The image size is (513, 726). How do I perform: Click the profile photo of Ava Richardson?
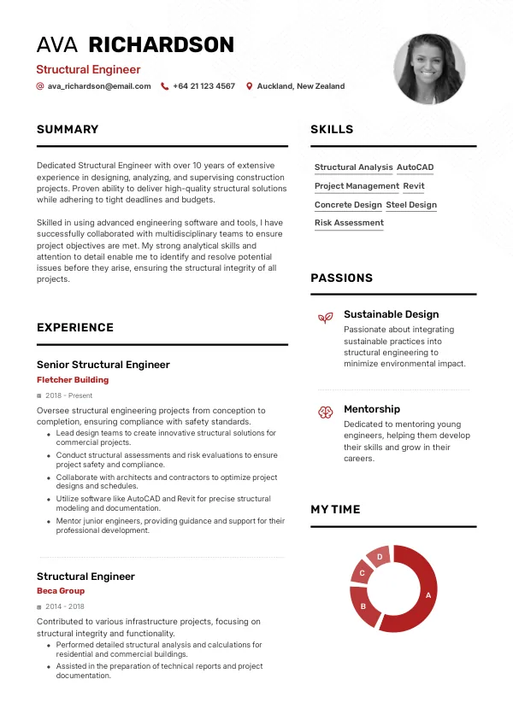429,69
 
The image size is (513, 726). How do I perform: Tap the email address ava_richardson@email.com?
99,86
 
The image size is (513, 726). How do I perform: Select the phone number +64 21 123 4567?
203,86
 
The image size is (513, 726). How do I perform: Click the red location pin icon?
250,86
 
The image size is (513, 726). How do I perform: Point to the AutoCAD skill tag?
416,167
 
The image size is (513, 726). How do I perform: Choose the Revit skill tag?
414,186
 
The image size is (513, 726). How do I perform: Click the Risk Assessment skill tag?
349,223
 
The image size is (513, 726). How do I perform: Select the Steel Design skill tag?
411,205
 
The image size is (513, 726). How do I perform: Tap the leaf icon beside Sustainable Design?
325,318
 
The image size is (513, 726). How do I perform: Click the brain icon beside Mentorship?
325,412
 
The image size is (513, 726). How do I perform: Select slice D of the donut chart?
379,557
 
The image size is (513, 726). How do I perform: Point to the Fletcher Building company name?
73,380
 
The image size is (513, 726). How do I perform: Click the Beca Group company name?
61,591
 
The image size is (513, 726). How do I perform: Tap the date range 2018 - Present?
69,396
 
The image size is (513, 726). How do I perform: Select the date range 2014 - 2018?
65,606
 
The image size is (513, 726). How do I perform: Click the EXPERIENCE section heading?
75,327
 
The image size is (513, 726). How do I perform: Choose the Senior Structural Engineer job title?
103,365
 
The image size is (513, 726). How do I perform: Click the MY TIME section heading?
335,509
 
